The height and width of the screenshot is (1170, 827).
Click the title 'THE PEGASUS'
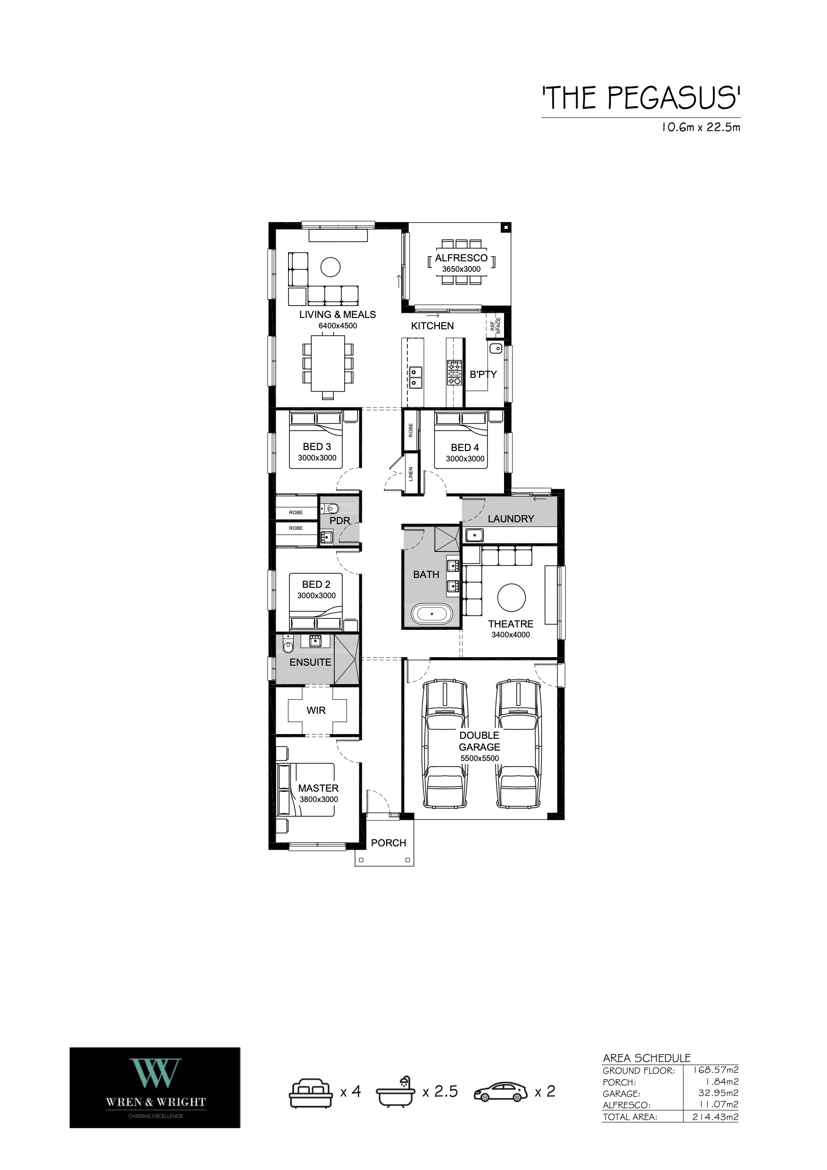(641, 98)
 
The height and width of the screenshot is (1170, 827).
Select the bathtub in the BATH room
(431, 614)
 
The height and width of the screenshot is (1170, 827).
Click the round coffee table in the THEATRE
(511, 597)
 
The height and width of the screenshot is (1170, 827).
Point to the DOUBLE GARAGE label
(479, 741)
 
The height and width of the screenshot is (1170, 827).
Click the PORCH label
(389, 843)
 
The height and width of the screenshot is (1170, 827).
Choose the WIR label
(316, 710)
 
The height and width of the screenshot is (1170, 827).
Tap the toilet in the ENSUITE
(288, 645)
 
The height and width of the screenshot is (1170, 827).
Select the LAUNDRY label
(511, 519)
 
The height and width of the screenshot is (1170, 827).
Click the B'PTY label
(483, 374)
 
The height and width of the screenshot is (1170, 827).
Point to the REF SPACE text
(495, 326)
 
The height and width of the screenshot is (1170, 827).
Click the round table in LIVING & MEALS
(331, 267)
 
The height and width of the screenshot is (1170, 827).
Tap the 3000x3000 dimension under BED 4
(465, 459)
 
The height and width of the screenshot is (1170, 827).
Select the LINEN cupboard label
(411, 474)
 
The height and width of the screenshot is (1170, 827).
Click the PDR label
(339, 521)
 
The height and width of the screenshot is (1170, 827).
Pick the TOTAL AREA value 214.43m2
(715, 1117)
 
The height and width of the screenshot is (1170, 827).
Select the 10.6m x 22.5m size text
(700, 127)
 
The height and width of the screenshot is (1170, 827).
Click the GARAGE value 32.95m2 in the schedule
(718, 1093)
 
